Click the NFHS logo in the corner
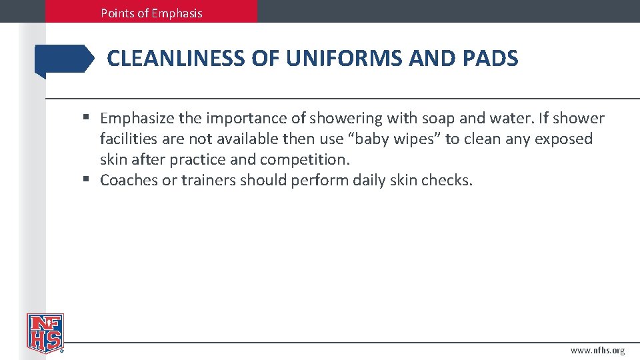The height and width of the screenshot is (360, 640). [x=45, y=333]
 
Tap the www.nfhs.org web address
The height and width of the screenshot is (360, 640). [x=597, y=351]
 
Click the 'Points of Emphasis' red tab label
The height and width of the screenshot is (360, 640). [x=151, y=13]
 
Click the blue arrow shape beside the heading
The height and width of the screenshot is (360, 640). [x=65, y=59]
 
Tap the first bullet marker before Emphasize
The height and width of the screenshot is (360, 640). [x=87, y=119]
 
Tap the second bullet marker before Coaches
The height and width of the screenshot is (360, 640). [x=87, y=180]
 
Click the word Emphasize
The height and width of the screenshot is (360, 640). [x=137, y=119]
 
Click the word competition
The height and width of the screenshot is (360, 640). [x=305, y=160]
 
